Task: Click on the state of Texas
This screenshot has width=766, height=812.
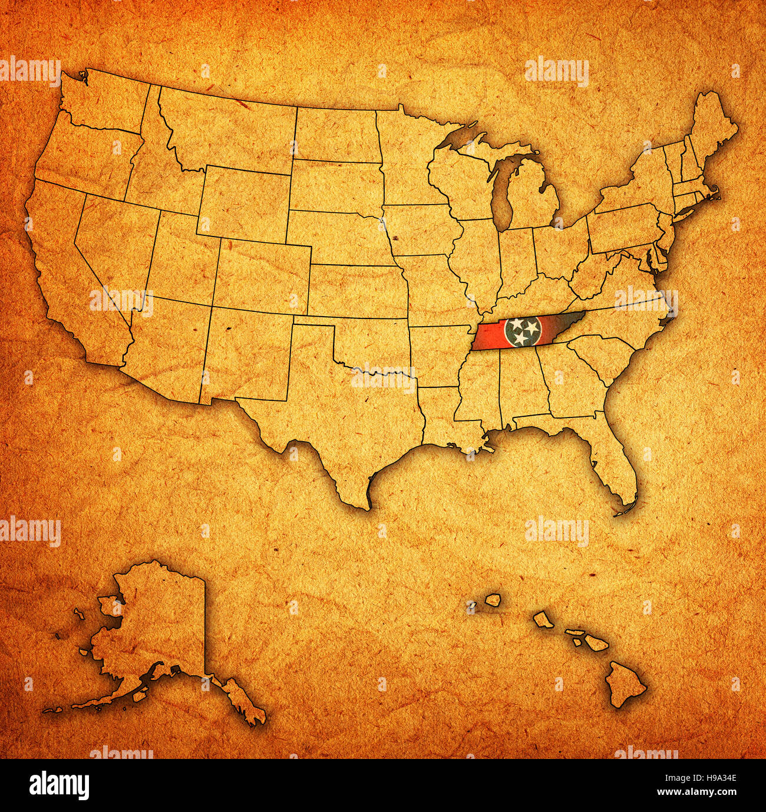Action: pos(342,419)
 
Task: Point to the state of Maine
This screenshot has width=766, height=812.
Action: pos(713,130)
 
